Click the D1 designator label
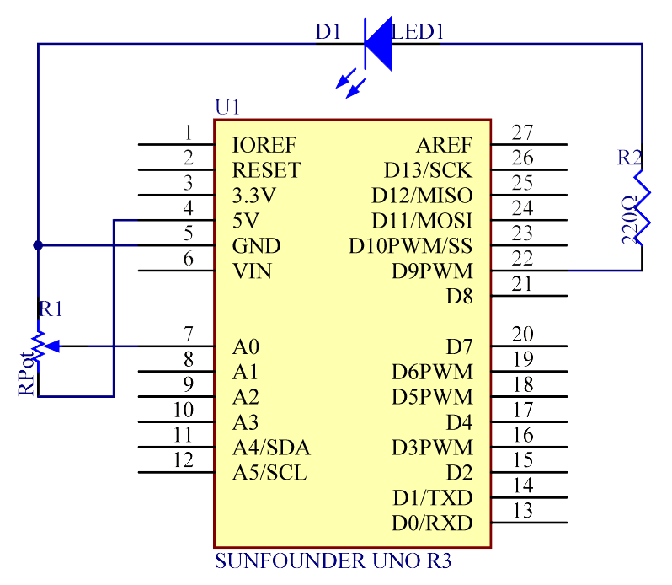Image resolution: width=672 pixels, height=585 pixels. pos(328,32)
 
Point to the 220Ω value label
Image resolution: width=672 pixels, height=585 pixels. pos(628,221)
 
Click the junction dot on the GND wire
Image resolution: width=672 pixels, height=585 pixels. pos(38,245)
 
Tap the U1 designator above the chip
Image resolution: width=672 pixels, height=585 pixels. pos(227,107)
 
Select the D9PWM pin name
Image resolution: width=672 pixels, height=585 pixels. pos(431,271)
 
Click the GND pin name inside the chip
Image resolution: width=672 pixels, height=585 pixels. pos(256,246)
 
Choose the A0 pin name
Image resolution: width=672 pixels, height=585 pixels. pos(246,346)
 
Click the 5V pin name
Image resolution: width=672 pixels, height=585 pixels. pos(245,221)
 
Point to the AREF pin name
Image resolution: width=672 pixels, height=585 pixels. pos(444,145)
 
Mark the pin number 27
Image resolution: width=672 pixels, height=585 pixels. pos(522,132)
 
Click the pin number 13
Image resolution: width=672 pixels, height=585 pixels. pos(522,510)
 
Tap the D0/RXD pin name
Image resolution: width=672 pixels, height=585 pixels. pos(431,523)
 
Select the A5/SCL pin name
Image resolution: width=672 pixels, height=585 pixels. pos(269,473)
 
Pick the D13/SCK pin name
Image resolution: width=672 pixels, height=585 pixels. pos(428,170)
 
